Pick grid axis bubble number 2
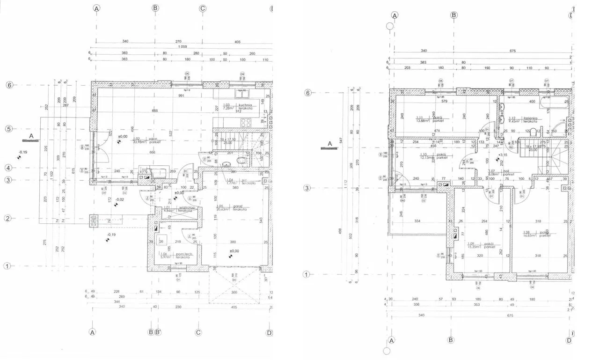pyautogui.click(x=7, y=218)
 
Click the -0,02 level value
pyautogui.click(x=120, y=200)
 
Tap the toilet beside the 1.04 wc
pyautogui.click(x=241, y=161)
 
